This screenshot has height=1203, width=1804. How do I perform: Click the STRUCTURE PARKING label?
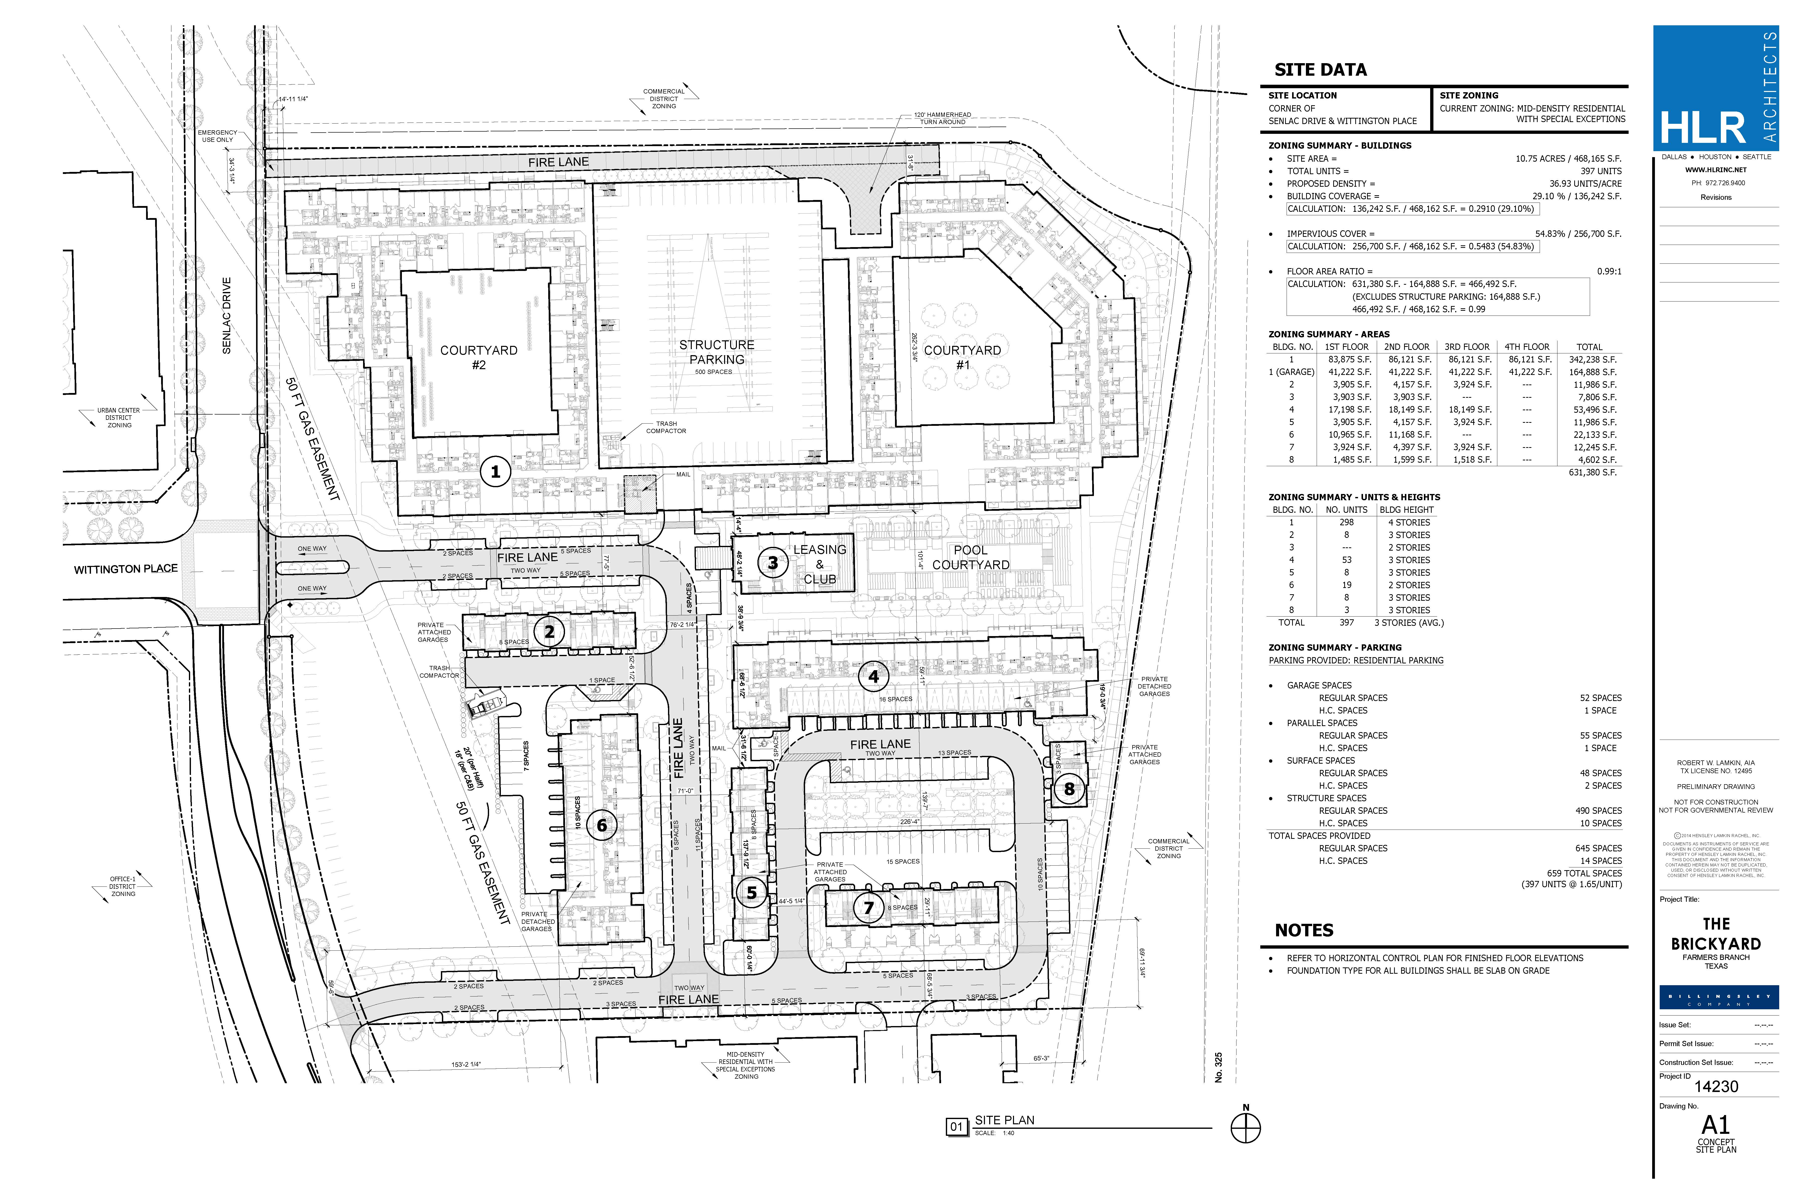pos(716,352)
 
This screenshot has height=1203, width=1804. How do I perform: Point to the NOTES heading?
pos(1304,931)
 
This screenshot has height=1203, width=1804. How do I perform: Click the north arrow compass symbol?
pos(1246,1128)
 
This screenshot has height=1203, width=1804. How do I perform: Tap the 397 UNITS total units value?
pos(1601,171)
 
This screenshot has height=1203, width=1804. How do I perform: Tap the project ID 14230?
pos(1716,1086)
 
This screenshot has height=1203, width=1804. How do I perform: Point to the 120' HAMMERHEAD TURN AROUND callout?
pos(942,118)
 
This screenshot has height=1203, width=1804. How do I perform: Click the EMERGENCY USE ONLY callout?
pos(218,136)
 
